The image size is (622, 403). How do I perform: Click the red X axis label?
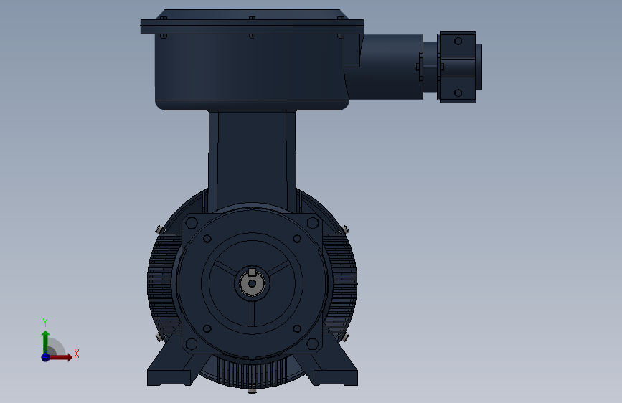click(77, 354)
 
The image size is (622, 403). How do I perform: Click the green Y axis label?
click(45, 323)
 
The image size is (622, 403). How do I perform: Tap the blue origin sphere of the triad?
click(46, 357)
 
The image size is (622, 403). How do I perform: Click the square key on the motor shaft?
click(252, 272)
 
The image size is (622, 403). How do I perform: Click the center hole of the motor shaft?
click(252, 284)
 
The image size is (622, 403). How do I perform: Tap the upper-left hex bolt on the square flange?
click(192, 222)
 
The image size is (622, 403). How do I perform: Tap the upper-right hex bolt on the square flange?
click(313, 222)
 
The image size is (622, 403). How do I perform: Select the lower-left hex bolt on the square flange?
click(192, 343)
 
